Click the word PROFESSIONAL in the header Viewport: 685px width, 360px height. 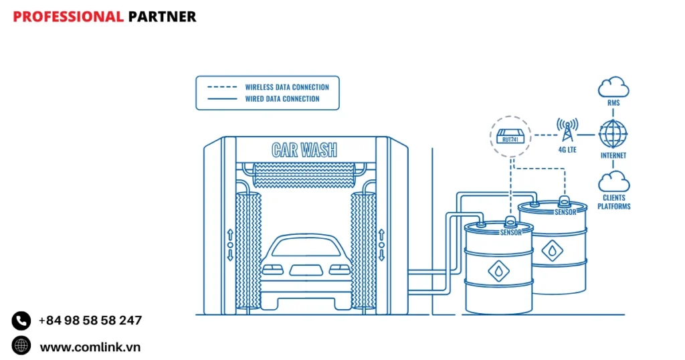(x=68, y=17)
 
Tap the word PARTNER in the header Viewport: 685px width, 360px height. (x=162, y=17)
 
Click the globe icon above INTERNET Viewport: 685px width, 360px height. (x=613, y=134)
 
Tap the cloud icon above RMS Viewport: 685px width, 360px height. (x=613, y=88)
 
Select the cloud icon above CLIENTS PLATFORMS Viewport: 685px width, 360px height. (x=613, y=181)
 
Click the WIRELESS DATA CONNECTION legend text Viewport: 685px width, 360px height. (x=287, y=87)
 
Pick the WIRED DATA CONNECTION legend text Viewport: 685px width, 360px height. (x=282, y=99)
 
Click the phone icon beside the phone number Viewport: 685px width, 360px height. (x=21, y=321)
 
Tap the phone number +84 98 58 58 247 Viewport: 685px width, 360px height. (x=90, y=321)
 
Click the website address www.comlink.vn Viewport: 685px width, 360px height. (x=90, y=347)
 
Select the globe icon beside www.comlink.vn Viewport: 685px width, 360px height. (x=21, y=346)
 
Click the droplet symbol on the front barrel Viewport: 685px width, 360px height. (x=498, y=270)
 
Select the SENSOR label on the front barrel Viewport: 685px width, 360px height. (x=510, y=233)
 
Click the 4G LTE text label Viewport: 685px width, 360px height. (x=567, y=150)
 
